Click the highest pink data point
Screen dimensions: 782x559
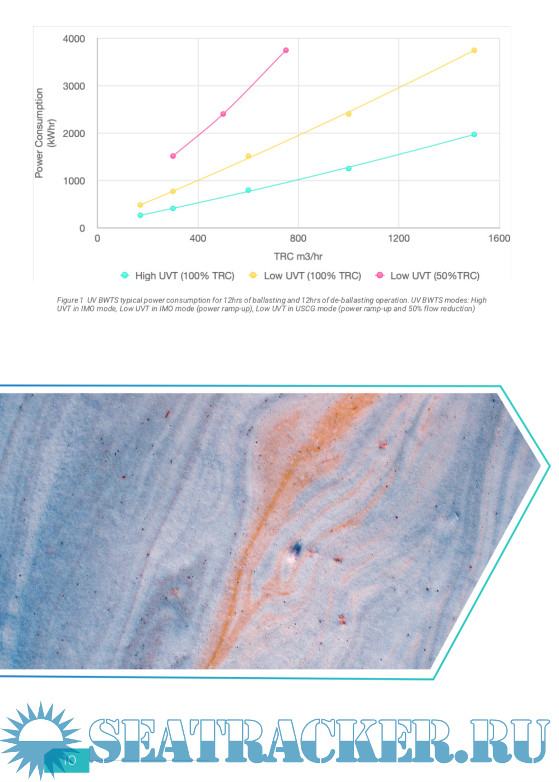pyautogui.click(x=286, y=50)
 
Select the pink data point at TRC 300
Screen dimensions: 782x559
pyautogui.click(x=173, y=156)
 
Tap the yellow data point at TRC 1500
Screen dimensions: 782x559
pyautogui.click(x=474, y=50)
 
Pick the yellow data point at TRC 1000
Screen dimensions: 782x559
pyautogui.click(x=348, y=114)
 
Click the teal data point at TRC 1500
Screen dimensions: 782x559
pyautogui.click(x=474, y=134)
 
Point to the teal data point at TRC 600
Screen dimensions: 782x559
pyautogui.click(x=248, y=190)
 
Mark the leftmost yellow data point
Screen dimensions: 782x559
pyautogui.click(x=140, y=205)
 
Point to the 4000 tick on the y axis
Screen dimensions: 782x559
pyautogui.click(x=74, y=39)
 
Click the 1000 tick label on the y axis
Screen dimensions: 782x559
pyautogui.click(x=74, y=181)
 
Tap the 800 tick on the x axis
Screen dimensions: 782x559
pyautogui.click(x=298, y=239)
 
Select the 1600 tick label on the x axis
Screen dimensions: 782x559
pyautogui.click(x=499, y=239)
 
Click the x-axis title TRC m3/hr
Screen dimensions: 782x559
pyautogui.click(x=298, y=257)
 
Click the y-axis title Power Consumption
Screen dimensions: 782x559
pyautogui.click(x=39, y=133)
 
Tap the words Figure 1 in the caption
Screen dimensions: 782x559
pyautogui.click(x=70, y=300)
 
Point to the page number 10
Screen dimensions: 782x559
pyautogui.click(x=69, y=760)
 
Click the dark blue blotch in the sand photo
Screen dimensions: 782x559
pyautogui.click(x=297, y=548)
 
